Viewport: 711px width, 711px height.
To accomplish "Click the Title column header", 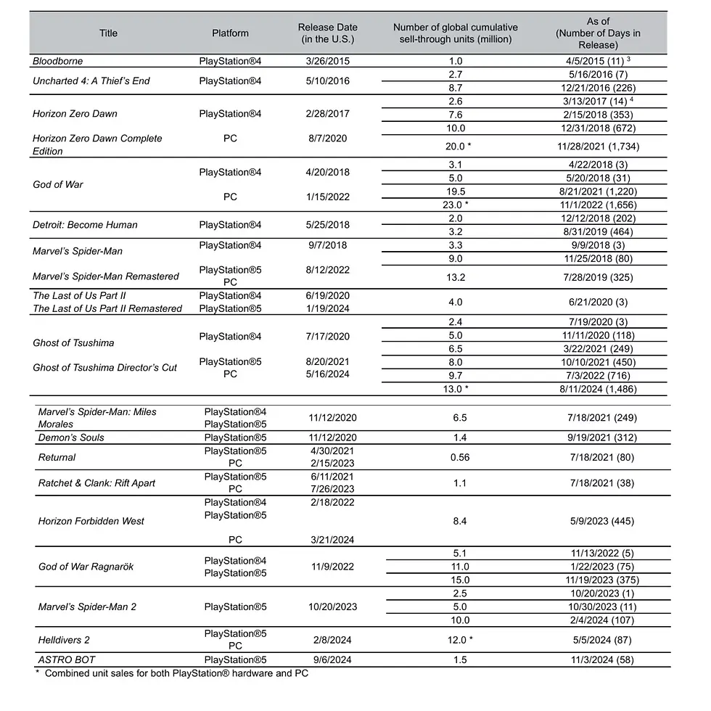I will [108, 33].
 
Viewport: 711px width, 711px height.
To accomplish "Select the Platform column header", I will [230, 33].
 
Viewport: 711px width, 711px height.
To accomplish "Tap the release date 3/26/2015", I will [327, 62].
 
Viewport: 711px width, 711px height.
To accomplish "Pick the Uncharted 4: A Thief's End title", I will [91, 81].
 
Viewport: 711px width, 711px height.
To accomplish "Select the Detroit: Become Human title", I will [85, 225].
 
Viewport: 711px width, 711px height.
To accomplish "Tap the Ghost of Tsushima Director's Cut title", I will [105, 368].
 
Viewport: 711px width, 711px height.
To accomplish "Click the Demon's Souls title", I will [71, 437].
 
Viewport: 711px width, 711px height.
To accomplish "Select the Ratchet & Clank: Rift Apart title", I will [96, 483].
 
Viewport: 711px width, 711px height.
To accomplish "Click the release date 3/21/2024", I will [331, 540].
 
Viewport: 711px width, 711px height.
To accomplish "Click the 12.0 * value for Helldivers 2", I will [461, 639].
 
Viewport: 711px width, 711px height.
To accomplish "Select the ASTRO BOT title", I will [67, 660].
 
